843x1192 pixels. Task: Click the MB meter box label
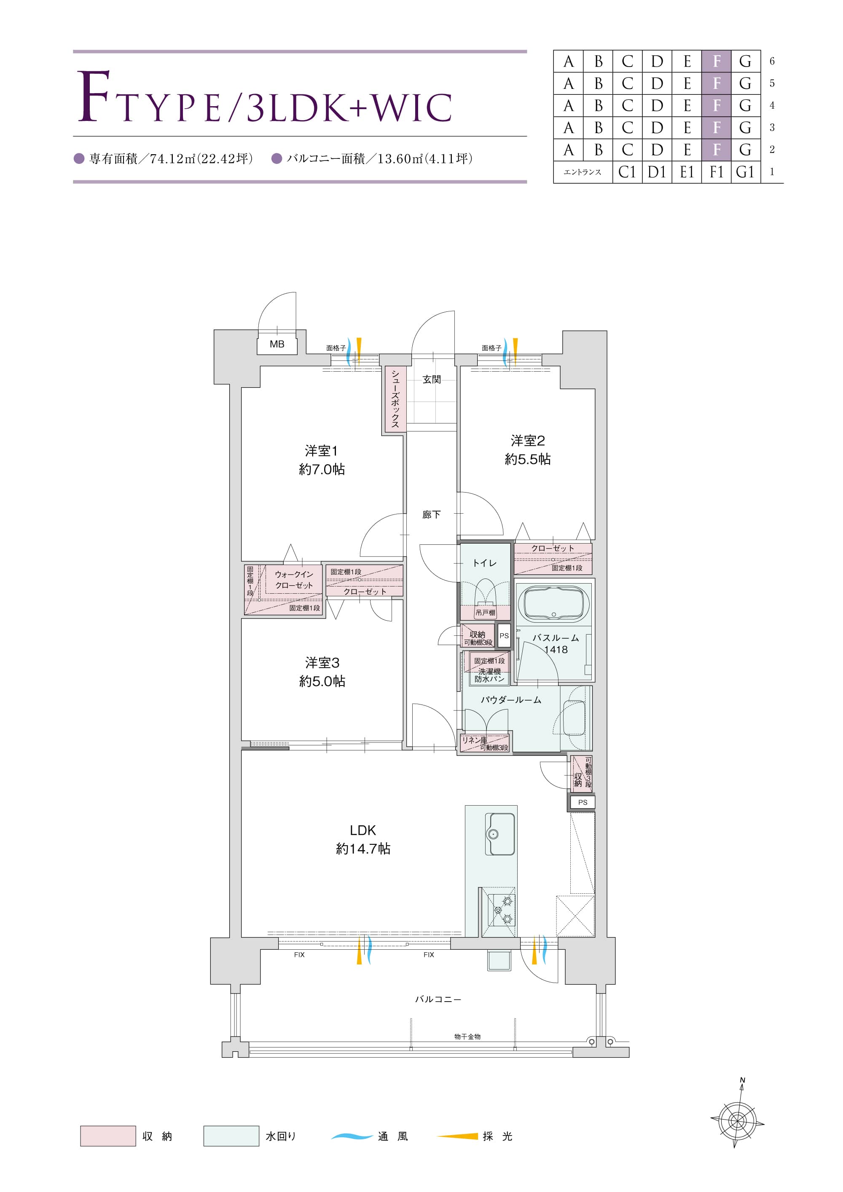click(277, 344)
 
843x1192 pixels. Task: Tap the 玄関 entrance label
click(432, 380)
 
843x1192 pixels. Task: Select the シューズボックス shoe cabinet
click(395, 399)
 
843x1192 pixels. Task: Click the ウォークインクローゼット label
click(294, 579)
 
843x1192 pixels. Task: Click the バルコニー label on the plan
click(438, 999)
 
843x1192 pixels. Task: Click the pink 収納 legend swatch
click(108, 1136)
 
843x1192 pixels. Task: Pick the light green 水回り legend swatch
click(231, 1136)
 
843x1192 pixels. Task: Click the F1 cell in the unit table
click(716, 172)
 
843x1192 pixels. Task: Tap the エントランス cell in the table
click(583, 172)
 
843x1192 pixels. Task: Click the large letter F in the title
click(94, 96)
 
